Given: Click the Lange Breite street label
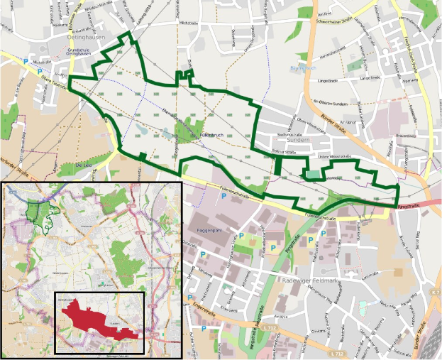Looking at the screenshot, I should [329, 80].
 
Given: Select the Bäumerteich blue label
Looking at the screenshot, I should [302, 68].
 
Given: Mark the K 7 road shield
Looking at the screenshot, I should [435, 292].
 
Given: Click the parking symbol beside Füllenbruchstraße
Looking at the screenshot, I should [225, 195].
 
